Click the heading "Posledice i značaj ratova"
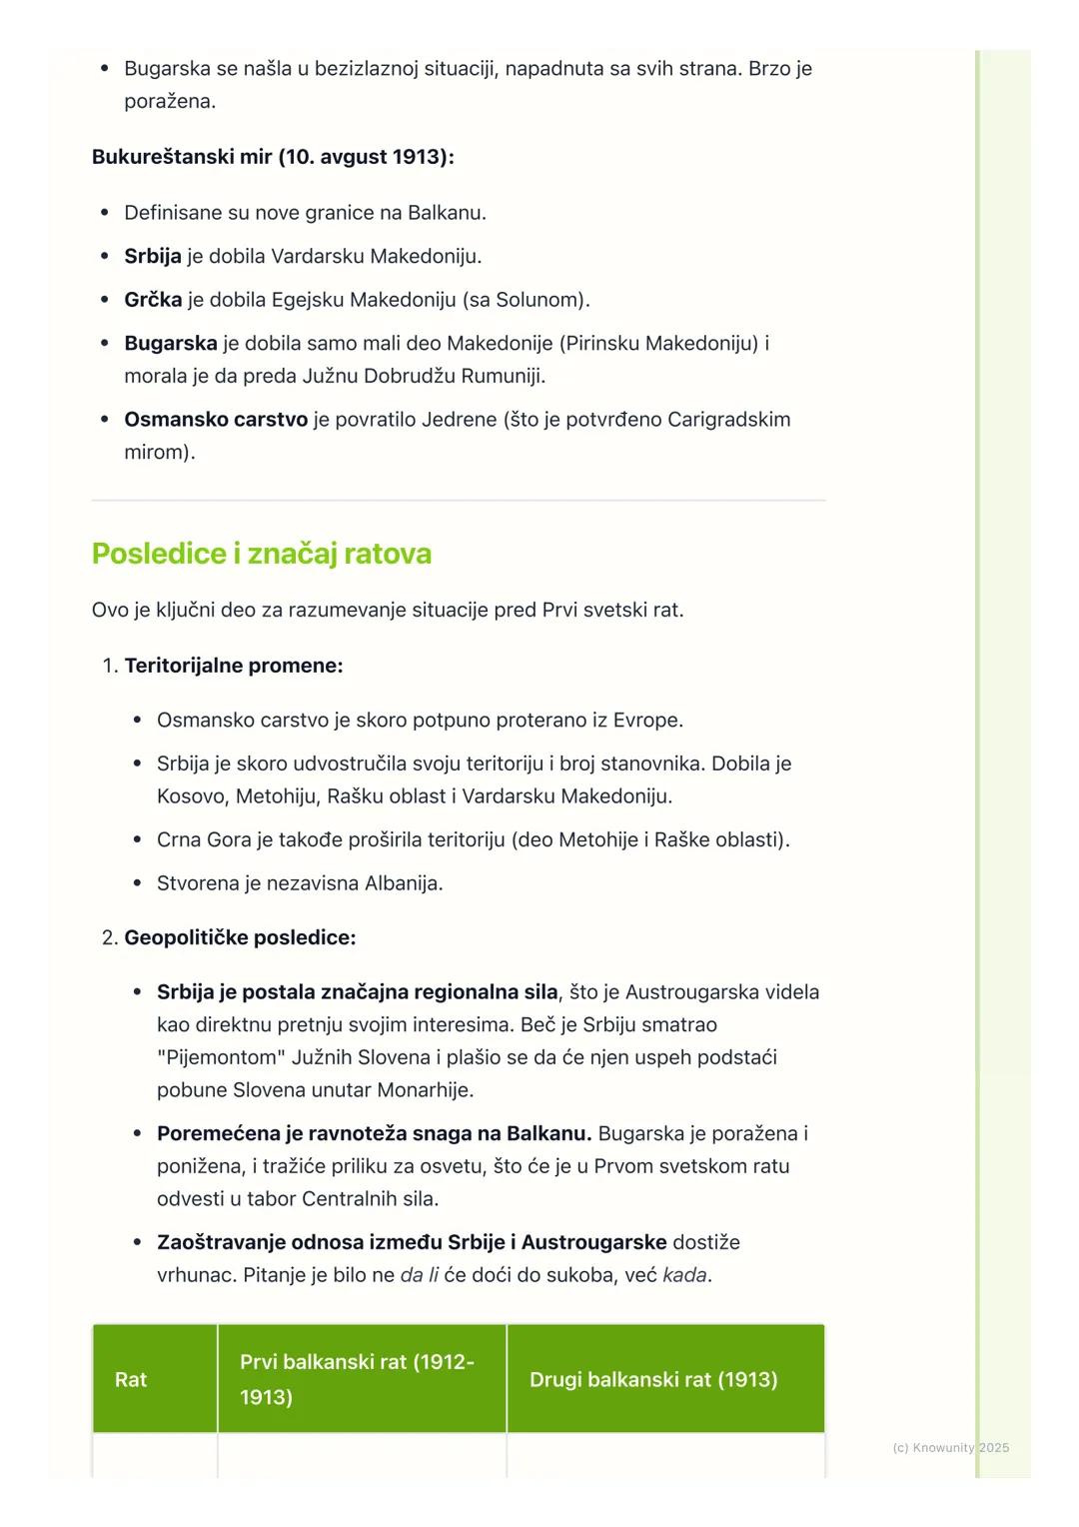pos(261,554)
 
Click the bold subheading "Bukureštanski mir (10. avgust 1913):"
pos(273,157)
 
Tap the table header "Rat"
pos(131,1379)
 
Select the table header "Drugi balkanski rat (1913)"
pos(653,1379)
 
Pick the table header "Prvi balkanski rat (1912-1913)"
pos(357,1379)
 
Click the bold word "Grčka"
pos(153,300)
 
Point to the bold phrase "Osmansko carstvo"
pos(216,420)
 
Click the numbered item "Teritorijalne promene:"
pos(233,666)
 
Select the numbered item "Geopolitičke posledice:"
pos(240,937)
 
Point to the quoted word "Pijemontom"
pos(222,1057)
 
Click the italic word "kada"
pos(684,1275)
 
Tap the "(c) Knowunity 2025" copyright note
pos(950,1447)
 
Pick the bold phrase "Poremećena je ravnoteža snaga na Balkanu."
pos(375,1133)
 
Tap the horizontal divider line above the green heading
pos(459,500)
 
